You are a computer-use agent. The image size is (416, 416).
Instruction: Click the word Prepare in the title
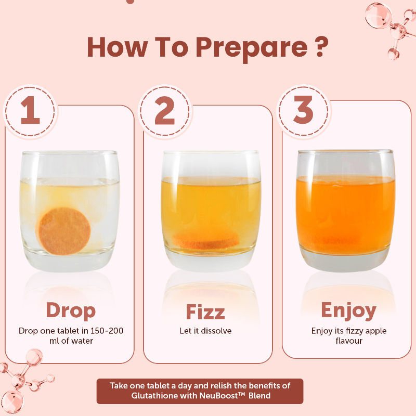[252, 48]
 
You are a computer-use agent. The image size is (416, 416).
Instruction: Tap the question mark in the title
[320, 47]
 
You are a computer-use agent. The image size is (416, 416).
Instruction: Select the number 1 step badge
[30, 111]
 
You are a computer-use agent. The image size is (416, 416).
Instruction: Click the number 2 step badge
[165, 111]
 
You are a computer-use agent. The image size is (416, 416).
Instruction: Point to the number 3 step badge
[304, 111]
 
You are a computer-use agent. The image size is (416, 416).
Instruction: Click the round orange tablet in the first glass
[63, 231]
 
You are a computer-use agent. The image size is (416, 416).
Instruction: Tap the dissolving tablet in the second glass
[205, 240]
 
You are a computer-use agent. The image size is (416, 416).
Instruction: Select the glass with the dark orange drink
[345, 211]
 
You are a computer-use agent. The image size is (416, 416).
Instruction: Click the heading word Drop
[71, 310]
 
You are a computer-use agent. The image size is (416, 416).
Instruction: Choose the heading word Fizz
[205, 311]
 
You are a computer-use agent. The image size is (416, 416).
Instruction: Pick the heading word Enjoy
[348, 310]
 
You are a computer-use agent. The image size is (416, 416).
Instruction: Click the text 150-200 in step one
[107, 331]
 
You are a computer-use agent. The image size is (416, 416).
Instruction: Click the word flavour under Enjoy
[349, 341]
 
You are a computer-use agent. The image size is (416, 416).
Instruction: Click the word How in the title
[117, 47]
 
